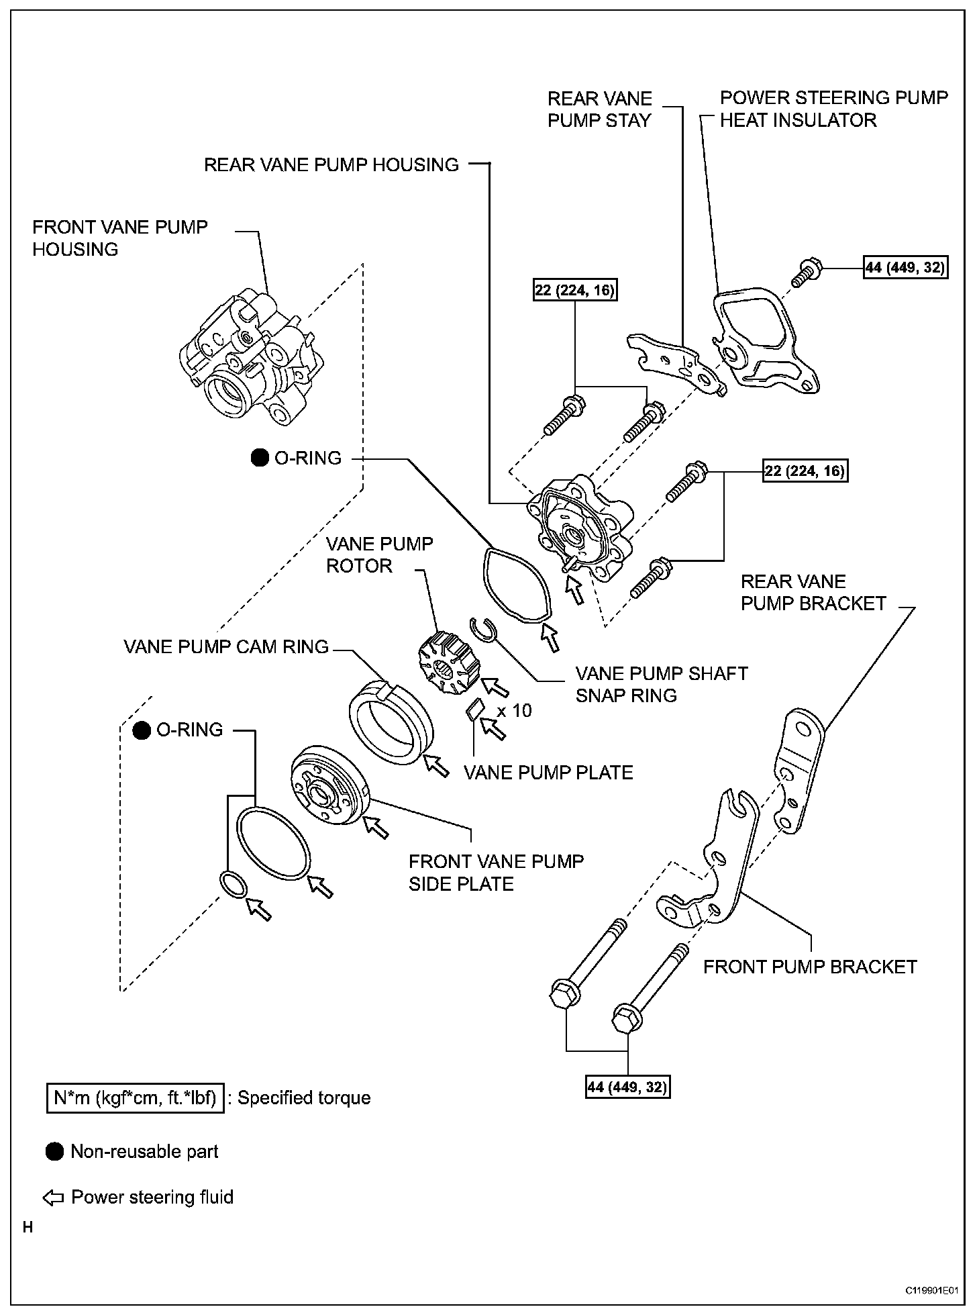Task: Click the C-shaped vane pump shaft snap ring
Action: coord(483,630)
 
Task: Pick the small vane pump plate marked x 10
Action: coord(475,709)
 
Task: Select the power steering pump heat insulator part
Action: coord(765,342)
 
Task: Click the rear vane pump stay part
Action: coord(674,362)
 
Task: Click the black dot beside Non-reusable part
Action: coord(55,1152)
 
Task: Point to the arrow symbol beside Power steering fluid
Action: coord(53,1198)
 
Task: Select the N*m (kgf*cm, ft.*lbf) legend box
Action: coord(135,1098)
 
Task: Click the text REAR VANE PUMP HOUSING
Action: coord(331,165)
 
